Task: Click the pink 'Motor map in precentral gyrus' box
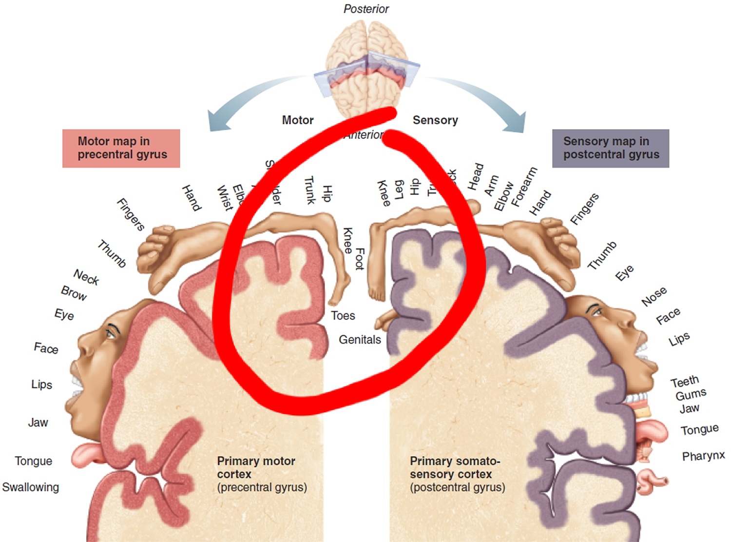(121, 148)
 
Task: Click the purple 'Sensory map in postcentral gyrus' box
(611, 148)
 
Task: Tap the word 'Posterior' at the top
(366, 9)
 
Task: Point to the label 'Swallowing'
(30, 487)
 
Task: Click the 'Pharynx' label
(703, 456)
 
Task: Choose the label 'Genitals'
(360, 340)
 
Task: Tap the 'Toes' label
(343, 316)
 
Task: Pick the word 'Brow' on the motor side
(74, 293)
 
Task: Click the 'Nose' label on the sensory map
(654, 296)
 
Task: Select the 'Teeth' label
(685, 381)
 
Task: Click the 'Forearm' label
(524, 186)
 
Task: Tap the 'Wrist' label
(225, 198)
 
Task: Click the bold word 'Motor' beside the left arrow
(298, 120)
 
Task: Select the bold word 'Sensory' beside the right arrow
(435, 120)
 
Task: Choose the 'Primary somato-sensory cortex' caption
(455, 467)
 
